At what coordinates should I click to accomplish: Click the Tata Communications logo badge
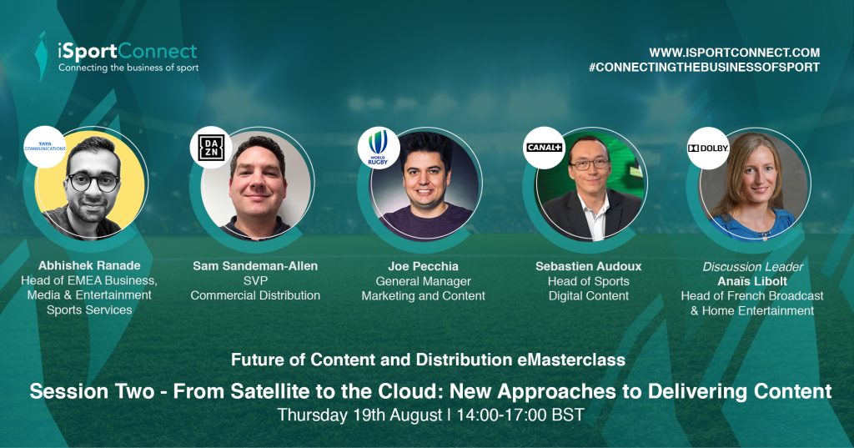(x=45, y=147)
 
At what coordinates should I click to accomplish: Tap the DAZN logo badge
(x=211, y=147)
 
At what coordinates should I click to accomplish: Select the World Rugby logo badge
(x=378, y=148)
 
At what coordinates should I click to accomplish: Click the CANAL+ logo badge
(x=544, y=148)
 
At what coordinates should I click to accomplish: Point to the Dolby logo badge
(x=708, y=148)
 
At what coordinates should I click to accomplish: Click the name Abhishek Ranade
(x=89, y=266)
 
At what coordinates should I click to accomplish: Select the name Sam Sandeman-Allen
(x=255, y=266)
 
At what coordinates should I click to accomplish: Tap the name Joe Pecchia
(x=423, y=266)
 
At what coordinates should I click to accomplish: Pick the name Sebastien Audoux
(x=588, y=266)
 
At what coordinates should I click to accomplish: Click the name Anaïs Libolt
(x=752, y=281)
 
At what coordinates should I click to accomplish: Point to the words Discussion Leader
(x=753, y=266)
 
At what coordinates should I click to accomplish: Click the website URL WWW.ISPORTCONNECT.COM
(x=734, y=53)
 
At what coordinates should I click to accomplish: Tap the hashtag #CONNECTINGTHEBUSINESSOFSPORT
(x=704, y=67)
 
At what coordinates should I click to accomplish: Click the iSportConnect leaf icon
(x=41, y=56)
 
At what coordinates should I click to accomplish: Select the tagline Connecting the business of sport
(x=128, y=68)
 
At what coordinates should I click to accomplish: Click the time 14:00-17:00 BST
(x=520, y=415)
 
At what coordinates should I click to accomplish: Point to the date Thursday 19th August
(x=359, y=415)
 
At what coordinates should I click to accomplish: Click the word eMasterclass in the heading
(x=569, y=360)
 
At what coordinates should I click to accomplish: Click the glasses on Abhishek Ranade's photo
(x=93, y=182)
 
